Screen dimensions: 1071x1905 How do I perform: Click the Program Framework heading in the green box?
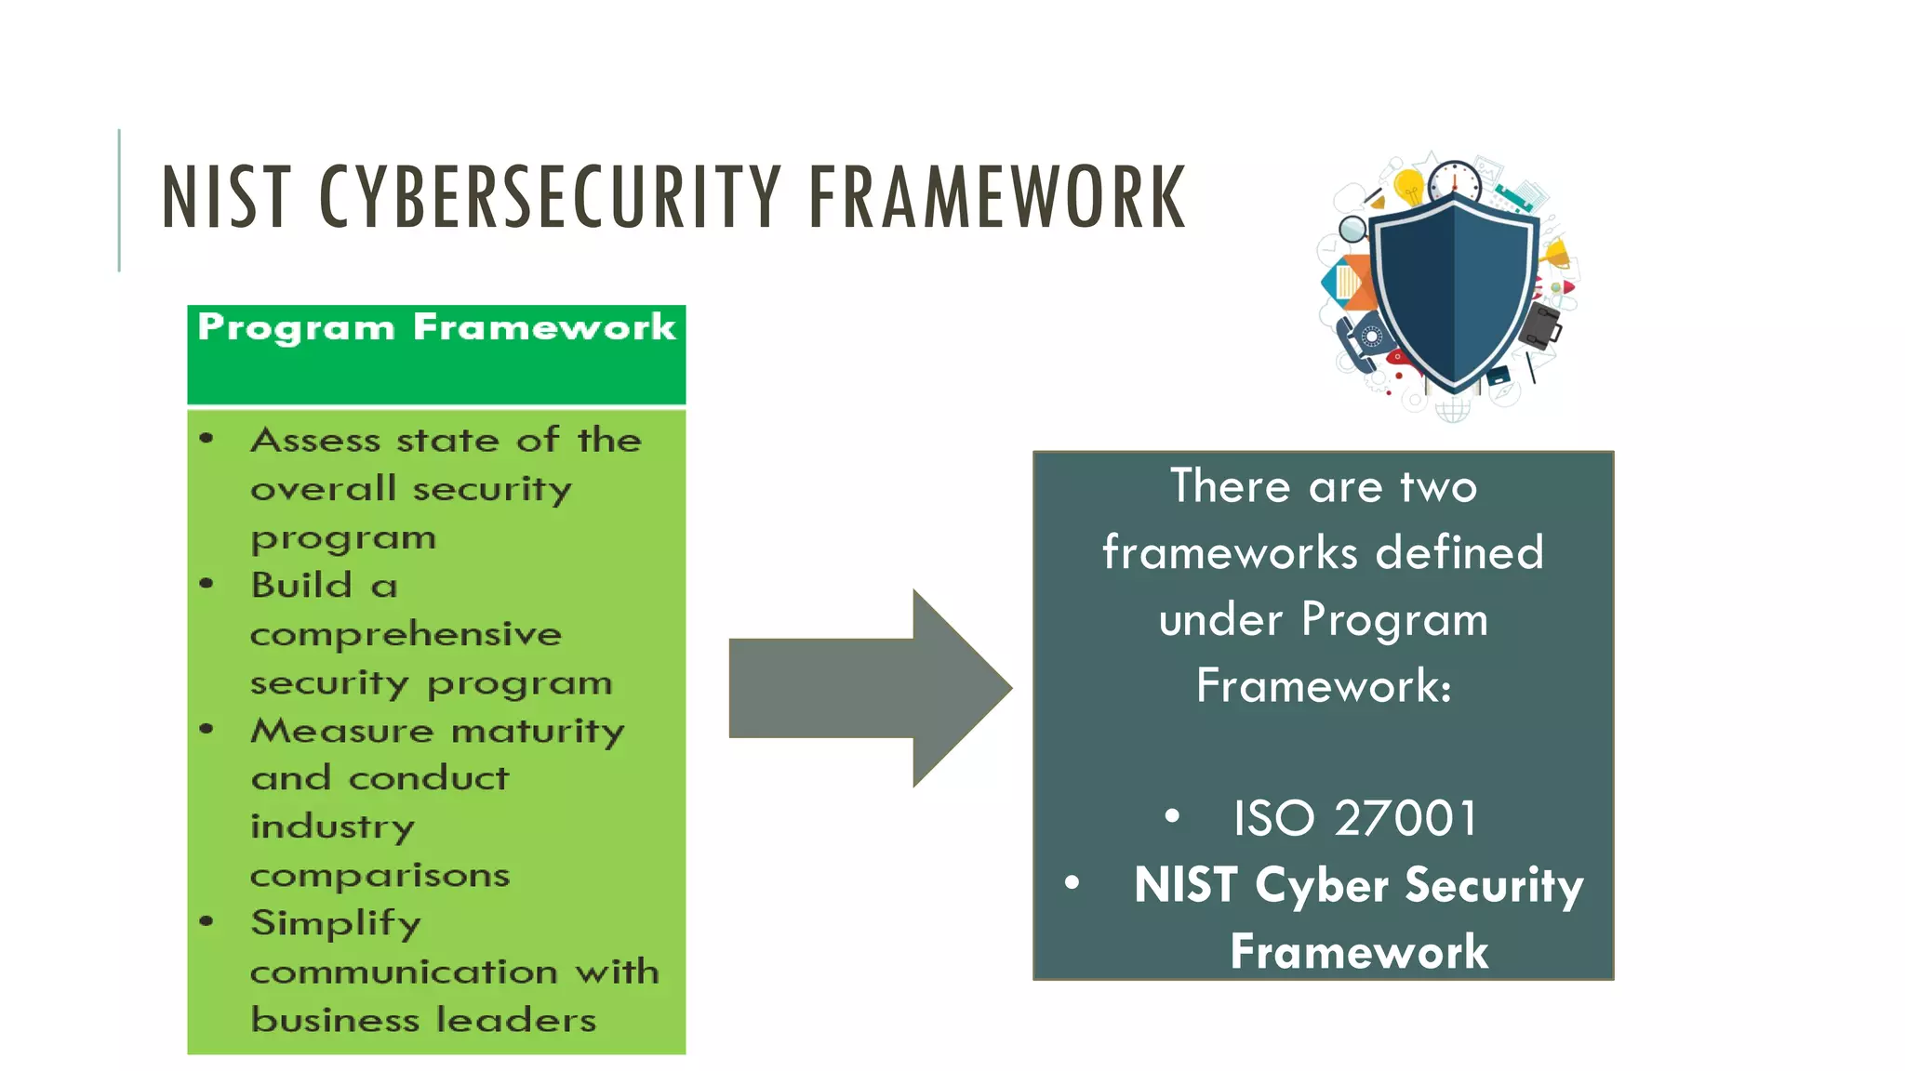(x=436, y=327)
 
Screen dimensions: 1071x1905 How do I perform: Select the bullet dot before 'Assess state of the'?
(x=206, y=439)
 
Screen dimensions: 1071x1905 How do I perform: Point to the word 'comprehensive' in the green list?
(x=406, y=634)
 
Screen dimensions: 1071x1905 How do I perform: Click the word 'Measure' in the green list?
(x=341, y=731)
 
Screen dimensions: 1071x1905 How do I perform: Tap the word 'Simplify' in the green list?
(x=336, y=923)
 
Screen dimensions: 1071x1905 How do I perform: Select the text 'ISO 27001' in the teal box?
(x=1354, y=818)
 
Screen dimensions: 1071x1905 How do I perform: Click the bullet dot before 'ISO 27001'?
(x=1172, y=816)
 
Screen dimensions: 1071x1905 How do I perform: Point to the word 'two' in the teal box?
(x=1438, y=487)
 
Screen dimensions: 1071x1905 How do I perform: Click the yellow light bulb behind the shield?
(x=1409, y=187)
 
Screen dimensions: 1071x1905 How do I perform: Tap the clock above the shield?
(x=1454, y=180)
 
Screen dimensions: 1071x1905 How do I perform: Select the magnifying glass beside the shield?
(x=1353, y=228)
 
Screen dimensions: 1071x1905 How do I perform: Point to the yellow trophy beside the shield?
(x=1555, y=253)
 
